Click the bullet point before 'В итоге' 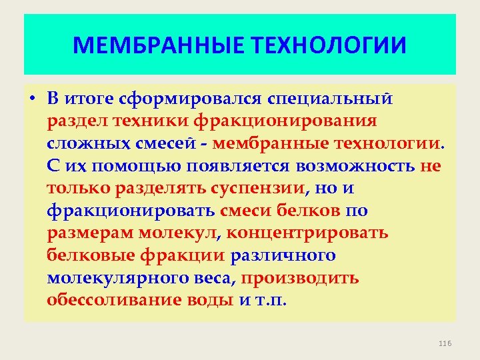click(32, 101)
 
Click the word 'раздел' click(73, 122)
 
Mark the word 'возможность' click(359, 166)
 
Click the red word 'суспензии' click(257, 189)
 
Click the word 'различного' click(283, 255)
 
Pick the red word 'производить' click(301, 277)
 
